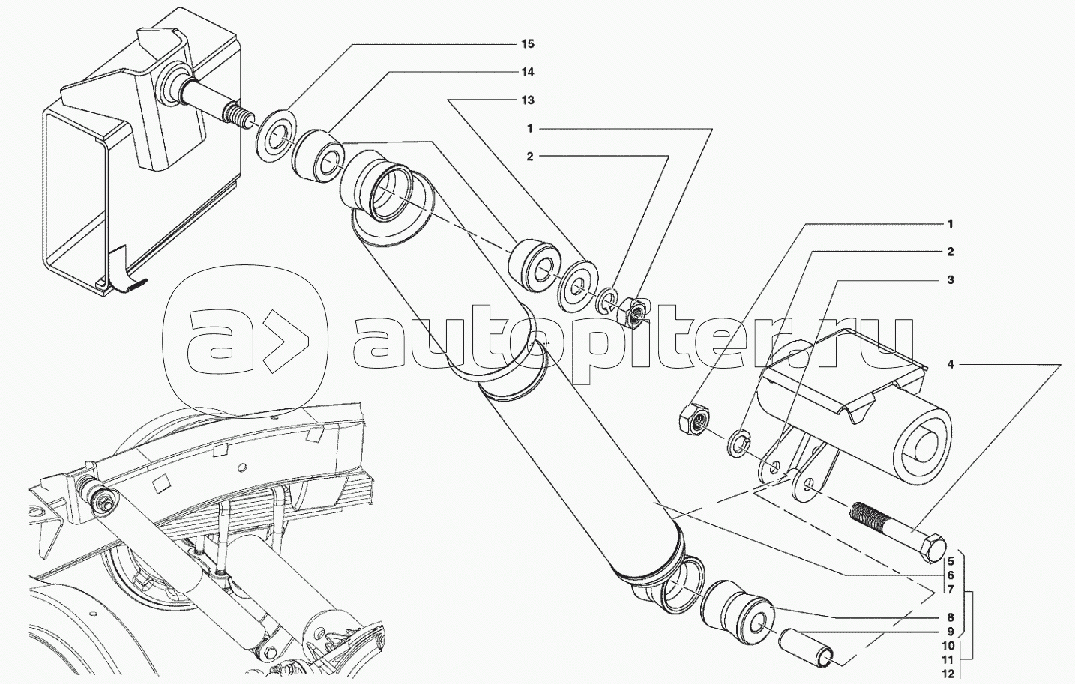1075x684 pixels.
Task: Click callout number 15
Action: click(528, 44)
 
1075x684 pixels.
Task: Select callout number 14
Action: click(528, 73)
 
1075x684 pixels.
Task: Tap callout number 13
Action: click(528, 100)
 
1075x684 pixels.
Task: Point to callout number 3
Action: click(950, 280)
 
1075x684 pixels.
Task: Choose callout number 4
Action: click(950, 365)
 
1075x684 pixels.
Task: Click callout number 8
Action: click(950, 618)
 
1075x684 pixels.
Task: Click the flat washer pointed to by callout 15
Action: click(277, 136)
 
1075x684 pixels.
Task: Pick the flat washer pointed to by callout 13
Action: click(578, 284)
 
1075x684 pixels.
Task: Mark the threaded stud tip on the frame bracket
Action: click(236, 118)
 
